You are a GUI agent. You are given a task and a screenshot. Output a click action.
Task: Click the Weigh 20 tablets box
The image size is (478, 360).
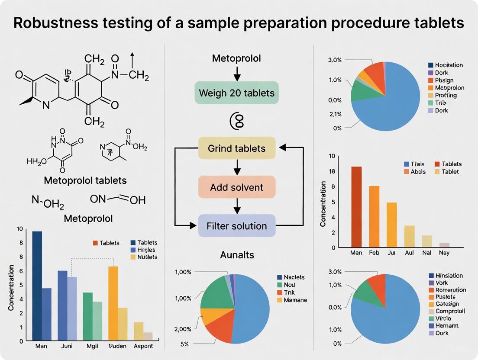(236, 93)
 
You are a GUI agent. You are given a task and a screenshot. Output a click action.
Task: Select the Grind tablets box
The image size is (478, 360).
(236, 148)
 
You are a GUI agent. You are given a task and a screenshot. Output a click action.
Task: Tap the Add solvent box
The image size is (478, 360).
(236, 187)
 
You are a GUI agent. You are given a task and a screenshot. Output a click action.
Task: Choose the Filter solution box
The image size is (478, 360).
(236, 226)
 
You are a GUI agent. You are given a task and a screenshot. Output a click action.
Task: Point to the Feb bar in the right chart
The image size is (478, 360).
(374, 216)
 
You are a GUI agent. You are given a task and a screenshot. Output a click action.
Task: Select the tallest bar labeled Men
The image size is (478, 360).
(356, 207)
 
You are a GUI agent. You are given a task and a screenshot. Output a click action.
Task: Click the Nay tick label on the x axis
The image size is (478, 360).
(444, 253)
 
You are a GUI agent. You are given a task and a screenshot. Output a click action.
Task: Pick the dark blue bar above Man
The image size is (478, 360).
(37, 286)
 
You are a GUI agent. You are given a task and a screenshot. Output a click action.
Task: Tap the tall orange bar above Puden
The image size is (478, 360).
(113, 303)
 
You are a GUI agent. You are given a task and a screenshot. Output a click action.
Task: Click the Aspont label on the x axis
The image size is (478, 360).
(143, 346)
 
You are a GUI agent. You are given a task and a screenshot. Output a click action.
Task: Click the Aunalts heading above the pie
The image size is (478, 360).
(236, 255)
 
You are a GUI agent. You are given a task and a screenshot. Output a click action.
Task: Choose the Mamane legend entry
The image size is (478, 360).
(295, 300)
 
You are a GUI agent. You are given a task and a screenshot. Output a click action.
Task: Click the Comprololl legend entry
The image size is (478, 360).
(450, 311)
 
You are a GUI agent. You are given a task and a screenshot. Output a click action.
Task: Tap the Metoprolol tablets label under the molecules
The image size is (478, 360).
(86, 180)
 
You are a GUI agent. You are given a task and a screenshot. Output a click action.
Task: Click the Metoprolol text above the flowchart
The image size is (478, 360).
(236, 58)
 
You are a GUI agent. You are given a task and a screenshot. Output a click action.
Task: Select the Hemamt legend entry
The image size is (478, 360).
(447, 325)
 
